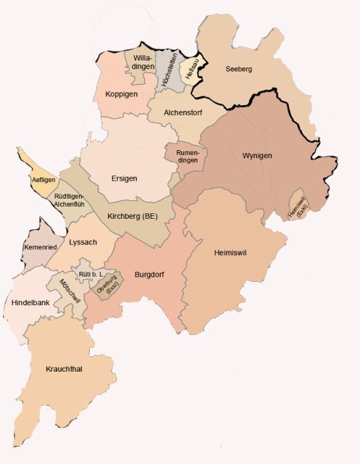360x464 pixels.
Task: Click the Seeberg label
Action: click(x=239, y=68)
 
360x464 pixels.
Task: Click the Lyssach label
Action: click(x=83, y=242)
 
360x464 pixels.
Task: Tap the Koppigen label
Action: click(x=122, y=94)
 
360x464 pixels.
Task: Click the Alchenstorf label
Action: click(x=181, y=112)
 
